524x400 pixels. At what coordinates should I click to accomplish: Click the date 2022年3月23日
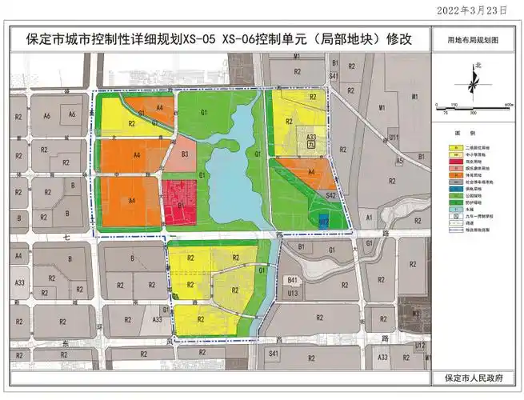tap(474, 10)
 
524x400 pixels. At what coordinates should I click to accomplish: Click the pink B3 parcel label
tap(184, 154)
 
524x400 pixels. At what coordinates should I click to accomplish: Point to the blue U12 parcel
tap(324, 219)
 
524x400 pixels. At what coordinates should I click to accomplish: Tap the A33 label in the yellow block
tap(311, 138)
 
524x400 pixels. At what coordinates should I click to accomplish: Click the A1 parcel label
tap(369, 217)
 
